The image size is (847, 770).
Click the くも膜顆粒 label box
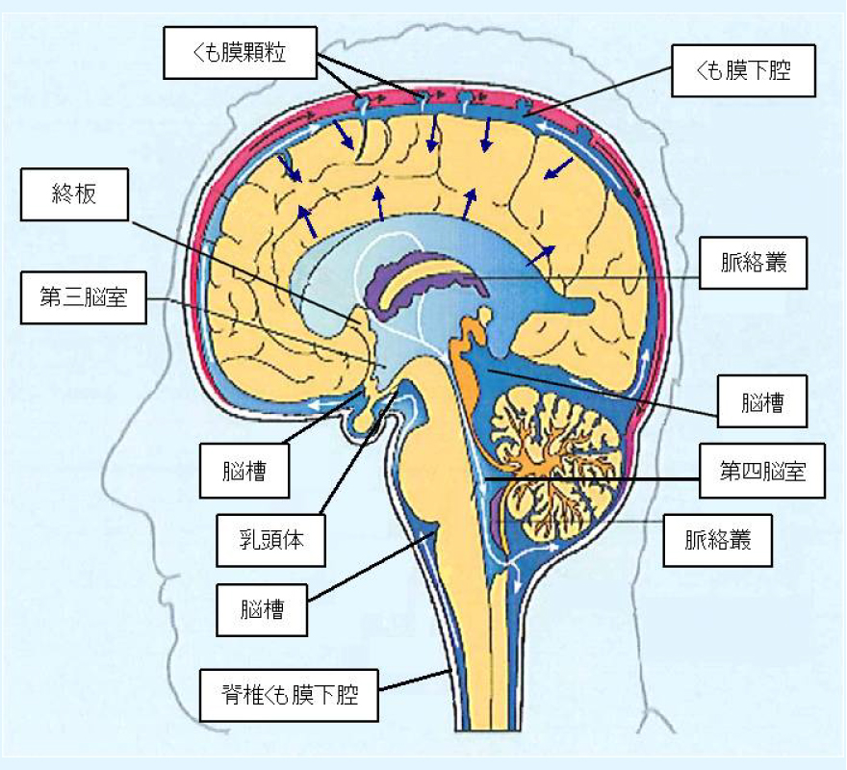(240, 52)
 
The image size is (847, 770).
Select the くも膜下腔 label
(743, 70)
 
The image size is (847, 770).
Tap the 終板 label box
(74, 194)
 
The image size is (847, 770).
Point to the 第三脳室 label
(83, 297)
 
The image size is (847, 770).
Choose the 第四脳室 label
(762, 471)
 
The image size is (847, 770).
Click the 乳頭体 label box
(270, 540)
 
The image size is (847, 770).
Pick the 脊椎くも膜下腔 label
(289, 695)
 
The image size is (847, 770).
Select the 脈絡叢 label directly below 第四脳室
(717, 540)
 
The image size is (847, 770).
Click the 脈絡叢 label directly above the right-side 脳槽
(753, 262)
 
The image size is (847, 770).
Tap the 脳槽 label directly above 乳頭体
(244, 471)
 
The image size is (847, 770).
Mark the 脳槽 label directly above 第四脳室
(762, 401)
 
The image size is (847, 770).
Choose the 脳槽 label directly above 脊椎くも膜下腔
(262, 610)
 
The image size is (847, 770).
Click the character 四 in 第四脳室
(752, 472)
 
